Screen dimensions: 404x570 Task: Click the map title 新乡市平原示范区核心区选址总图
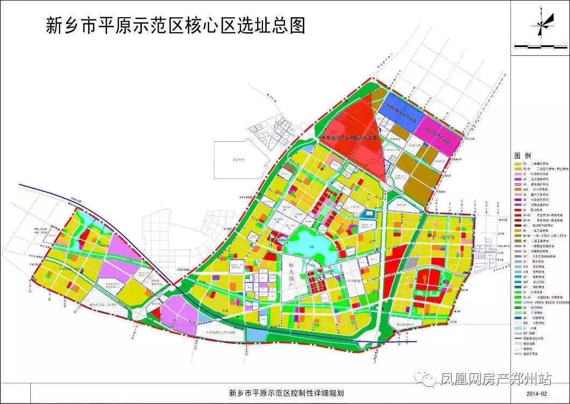pyautogui.click(x=176, y=25)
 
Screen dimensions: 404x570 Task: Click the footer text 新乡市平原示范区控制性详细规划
pyautogui.click(x=286, y=393)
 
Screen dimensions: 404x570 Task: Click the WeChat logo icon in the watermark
pyautogui.click(x=429, y=379)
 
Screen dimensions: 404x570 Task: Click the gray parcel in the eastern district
pyautogui.click(x=411, y=263)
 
